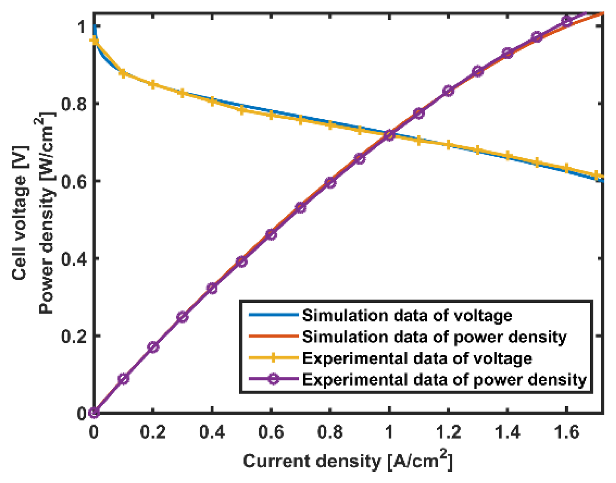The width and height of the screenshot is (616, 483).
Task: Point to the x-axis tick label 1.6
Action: (566, 432)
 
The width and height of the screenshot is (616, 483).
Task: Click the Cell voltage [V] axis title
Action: (19, 213)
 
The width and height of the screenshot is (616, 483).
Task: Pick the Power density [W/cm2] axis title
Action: (46, 213)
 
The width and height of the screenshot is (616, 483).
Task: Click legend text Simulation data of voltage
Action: (407, 316)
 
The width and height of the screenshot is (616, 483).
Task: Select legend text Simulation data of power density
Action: (434, 337)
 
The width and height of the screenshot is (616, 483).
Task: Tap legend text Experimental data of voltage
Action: (417, 358)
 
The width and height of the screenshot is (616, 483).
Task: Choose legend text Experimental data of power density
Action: (444, 380)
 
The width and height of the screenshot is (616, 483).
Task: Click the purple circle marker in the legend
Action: (273, 379)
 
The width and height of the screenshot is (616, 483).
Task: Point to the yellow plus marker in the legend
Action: (273, 358)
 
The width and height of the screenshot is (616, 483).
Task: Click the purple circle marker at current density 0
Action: (94, 413)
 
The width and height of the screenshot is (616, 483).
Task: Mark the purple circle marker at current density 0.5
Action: (242, 261)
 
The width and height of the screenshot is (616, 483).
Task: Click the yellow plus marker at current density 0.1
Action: (123, 73)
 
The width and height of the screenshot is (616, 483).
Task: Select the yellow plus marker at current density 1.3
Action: (478, 150)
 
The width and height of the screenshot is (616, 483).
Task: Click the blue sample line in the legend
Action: (273, 315)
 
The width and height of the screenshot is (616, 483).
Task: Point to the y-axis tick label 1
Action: (81, 27)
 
